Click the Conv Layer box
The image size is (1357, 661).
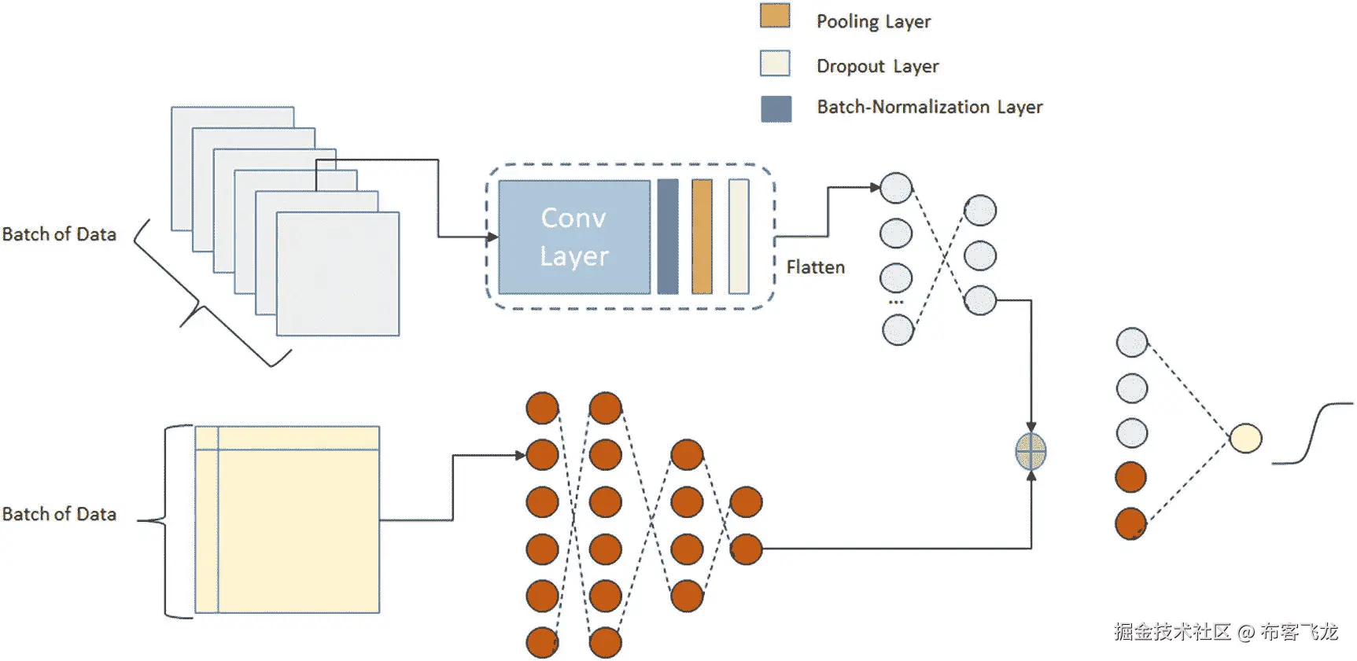click(x=574, y=237)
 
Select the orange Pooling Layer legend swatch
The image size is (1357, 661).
click(x=775, y=17)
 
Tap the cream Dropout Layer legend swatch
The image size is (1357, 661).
click(x=775, y=64)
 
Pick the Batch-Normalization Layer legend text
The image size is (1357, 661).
click(x=929, y=107)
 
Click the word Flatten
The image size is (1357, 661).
click(x=815, y=267)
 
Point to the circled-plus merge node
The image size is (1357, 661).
click(x=1031, y=452)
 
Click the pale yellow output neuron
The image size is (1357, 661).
click(x=1245, y=439)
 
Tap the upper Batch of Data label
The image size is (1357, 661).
click(x=59, y=234)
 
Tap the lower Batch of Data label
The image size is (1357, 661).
click(x=59, y=514)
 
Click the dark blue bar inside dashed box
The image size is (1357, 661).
click(x=667, y=237)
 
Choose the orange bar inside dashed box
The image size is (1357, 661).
click(x=702, y=237)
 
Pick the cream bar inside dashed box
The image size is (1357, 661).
click(x=738, y=237)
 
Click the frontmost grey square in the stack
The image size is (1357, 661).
click(x=338, y=274)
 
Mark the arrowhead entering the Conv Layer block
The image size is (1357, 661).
click(x=492, y=237)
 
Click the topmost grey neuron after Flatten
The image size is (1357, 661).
click(x=896, y=189)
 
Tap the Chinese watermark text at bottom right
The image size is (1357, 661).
click(x=1226, y=632)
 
